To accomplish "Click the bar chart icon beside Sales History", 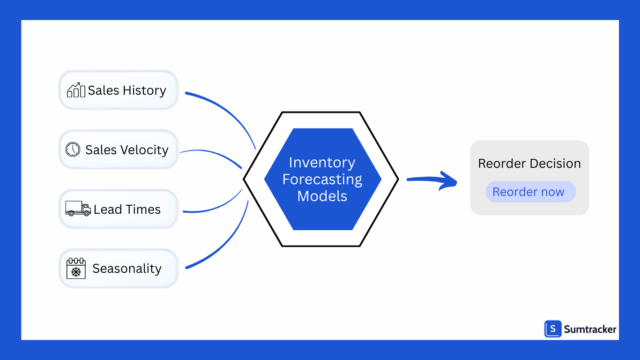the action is tap(76, 90).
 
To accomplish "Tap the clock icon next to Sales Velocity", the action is tap(73, 149).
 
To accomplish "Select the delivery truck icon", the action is tap(78, 208).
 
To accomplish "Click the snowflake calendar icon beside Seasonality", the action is tap(76, 268).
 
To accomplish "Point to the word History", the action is tap(145, 90).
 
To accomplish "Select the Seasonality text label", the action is tap(127, 269).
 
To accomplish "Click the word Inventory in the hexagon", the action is tap(322, 163).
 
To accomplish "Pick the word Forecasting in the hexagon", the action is tap(322, 180).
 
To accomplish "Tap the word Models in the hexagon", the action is tap(322, 196).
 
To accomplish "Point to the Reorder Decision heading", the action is tap(529, 164).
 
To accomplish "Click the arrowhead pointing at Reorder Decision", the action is tap(449, 181).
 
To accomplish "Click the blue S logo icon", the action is tap(553, 329).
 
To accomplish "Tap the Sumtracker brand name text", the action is tap(590, 330).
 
